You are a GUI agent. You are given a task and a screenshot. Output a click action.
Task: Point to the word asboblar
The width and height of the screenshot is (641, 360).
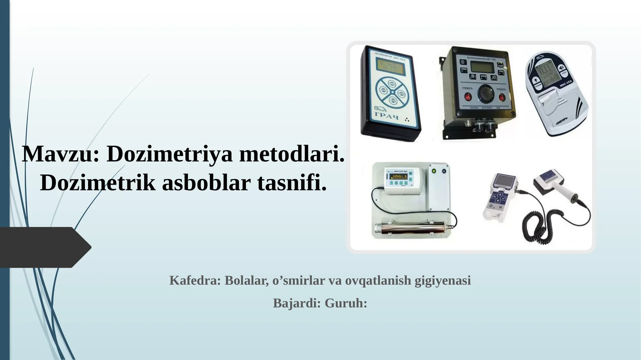(x=206, y=183)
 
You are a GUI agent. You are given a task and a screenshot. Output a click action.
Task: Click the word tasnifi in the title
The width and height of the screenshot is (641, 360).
(x=292, y=183)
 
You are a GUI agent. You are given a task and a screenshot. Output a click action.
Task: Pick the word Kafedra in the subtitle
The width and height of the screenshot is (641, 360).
(x=195, y=280)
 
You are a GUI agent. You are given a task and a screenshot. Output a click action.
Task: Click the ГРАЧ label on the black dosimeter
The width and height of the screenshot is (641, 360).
(x=387, y=116)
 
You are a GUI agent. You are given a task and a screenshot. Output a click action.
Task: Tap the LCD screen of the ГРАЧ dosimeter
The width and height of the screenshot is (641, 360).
(x=390, y=66)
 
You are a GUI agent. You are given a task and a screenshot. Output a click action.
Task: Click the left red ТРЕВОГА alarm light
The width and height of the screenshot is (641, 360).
(x=468, y=97)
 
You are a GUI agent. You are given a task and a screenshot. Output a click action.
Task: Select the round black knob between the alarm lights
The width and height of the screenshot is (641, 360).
(x=486, y=94)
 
